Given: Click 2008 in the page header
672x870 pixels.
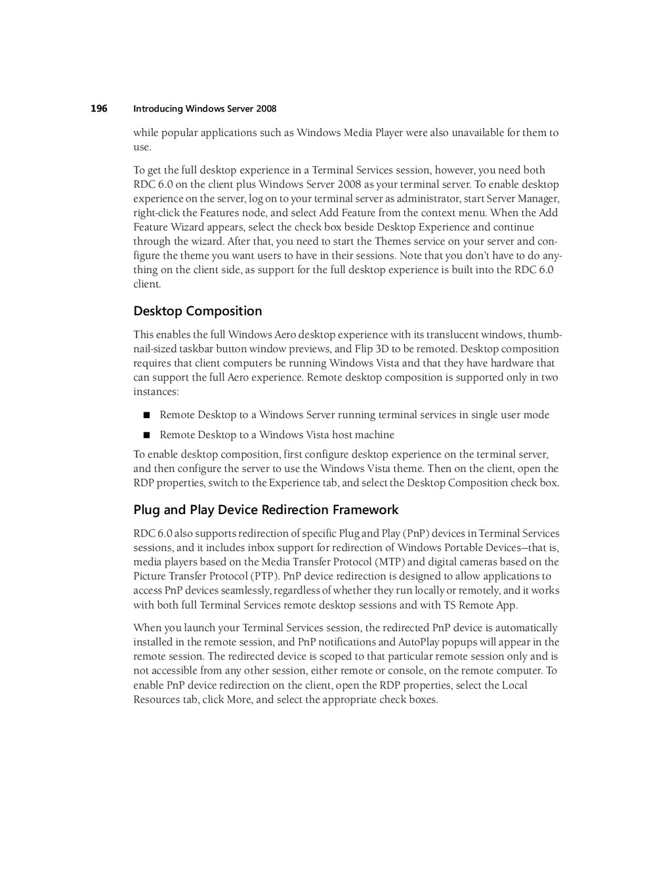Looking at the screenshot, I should click(x=266, y=109).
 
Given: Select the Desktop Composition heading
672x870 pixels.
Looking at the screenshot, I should click(x=198, y=311).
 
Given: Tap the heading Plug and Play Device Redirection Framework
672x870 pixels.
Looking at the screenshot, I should click(x=266, y=510).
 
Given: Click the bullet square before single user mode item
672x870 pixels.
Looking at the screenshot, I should click(x=146, y=415).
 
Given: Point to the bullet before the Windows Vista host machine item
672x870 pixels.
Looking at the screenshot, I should click(x=146, y=435).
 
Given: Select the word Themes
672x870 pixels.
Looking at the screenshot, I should click(x=392, y=242).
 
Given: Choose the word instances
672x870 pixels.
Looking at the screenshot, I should click(x=155, y=392).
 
